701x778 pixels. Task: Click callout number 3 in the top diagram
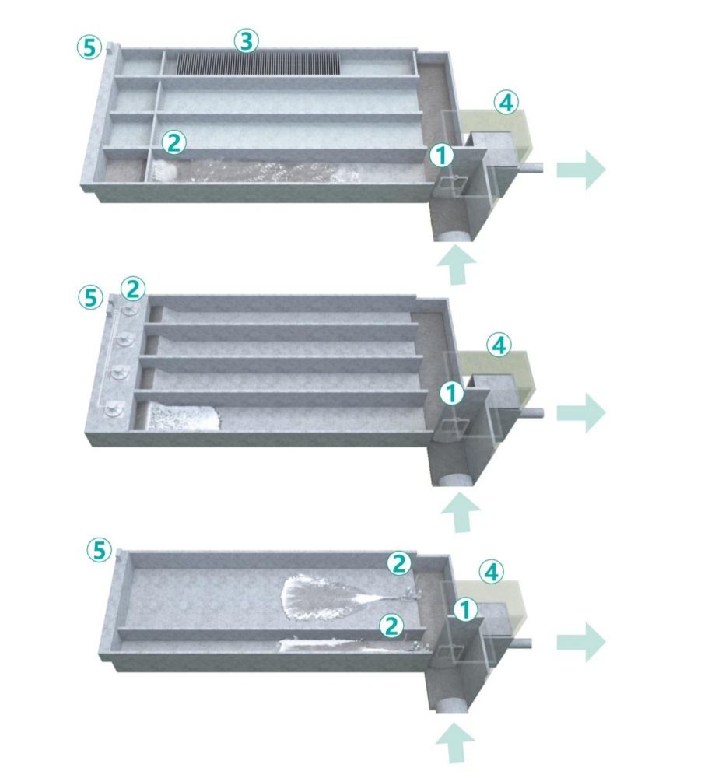247,41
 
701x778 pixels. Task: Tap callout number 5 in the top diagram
89,47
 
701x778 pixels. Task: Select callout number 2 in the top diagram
173,143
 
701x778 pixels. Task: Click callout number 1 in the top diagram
441,156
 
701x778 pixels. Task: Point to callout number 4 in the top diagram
506,103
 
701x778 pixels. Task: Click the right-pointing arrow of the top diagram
581,170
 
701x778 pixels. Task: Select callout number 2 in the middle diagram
133,289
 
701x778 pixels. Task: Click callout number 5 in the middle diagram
91,297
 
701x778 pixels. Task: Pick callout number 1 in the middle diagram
451,394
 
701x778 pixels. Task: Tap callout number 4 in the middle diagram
499,345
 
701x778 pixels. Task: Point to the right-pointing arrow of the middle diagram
581,413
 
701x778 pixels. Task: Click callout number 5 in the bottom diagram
100,550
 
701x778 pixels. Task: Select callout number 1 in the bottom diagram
464,609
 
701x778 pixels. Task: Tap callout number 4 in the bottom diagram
492,572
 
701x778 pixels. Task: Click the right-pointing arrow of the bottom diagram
581,643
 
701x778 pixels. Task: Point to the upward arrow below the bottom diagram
455,742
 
